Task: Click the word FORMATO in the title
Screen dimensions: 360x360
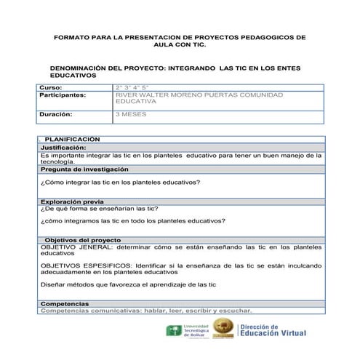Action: pyautogui.click(x=72, y=36)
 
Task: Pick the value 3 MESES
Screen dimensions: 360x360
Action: pyautogui.click(x=131, y=114)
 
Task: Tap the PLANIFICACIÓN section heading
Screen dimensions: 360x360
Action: pyautogui.click(x=72, y=139)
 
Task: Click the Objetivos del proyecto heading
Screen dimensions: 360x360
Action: pyautogui.click(x=83, y=239)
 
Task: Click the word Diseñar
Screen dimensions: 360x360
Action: pyautogui.click(x=53, y=284)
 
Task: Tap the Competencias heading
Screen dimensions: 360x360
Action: pyautogui.click(x=65, y=303)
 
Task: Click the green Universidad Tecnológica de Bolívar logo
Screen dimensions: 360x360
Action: pyautogui.click(x=175, y=331)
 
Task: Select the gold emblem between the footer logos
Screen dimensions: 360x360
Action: pyautogui.click(x=223, y=332)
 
